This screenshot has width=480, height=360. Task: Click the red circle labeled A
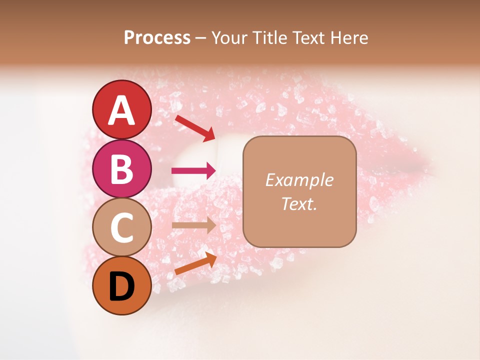pos(122,109)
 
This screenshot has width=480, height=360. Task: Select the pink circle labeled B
pos(122,168)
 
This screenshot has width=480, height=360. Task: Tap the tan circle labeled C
pos(122,227)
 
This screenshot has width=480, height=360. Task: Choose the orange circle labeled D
pos(122,285)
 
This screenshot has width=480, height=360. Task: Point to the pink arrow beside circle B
pos(193,171)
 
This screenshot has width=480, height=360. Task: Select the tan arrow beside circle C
pos(193,225)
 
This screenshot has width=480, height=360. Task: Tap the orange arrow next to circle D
pos(195,263)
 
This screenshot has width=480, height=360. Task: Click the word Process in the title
pos(157,38)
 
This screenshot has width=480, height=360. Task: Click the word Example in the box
pos(299,180)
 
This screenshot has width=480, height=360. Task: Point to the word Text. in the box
pos(299,203)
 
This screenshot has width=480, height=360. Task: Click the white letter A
pos(122,110)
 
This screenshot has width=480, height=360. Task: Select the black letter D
pos(122,286)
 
